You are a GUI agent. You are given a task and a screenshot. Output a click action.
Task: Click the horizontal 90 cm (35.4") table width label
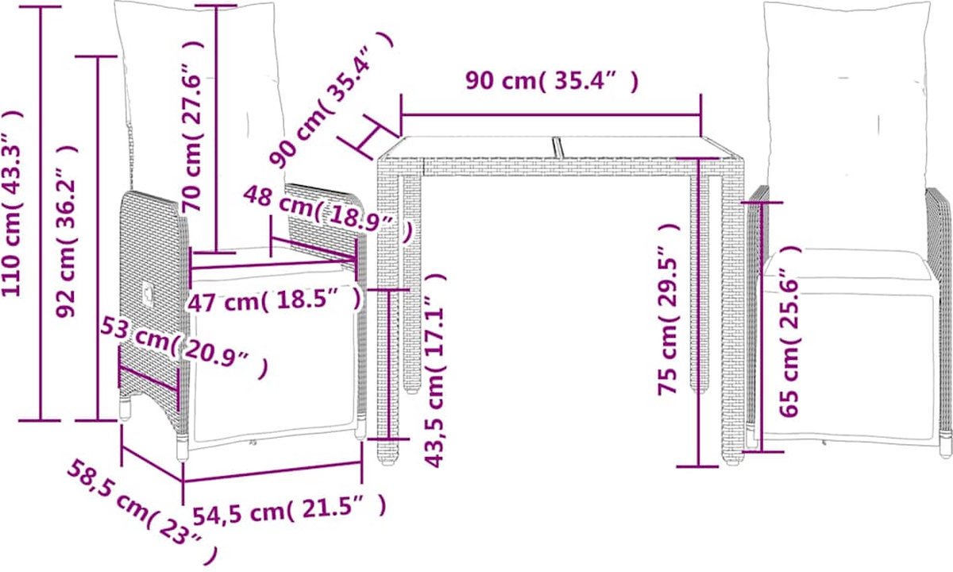click(x=552, y=80)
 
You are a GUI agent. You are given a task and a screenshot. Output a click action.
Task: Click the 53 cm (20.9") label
click(x=184, y=347)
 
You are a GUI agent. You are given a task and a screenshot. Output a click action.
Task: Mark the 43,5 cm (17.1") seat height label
click(x=434, y=370)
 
